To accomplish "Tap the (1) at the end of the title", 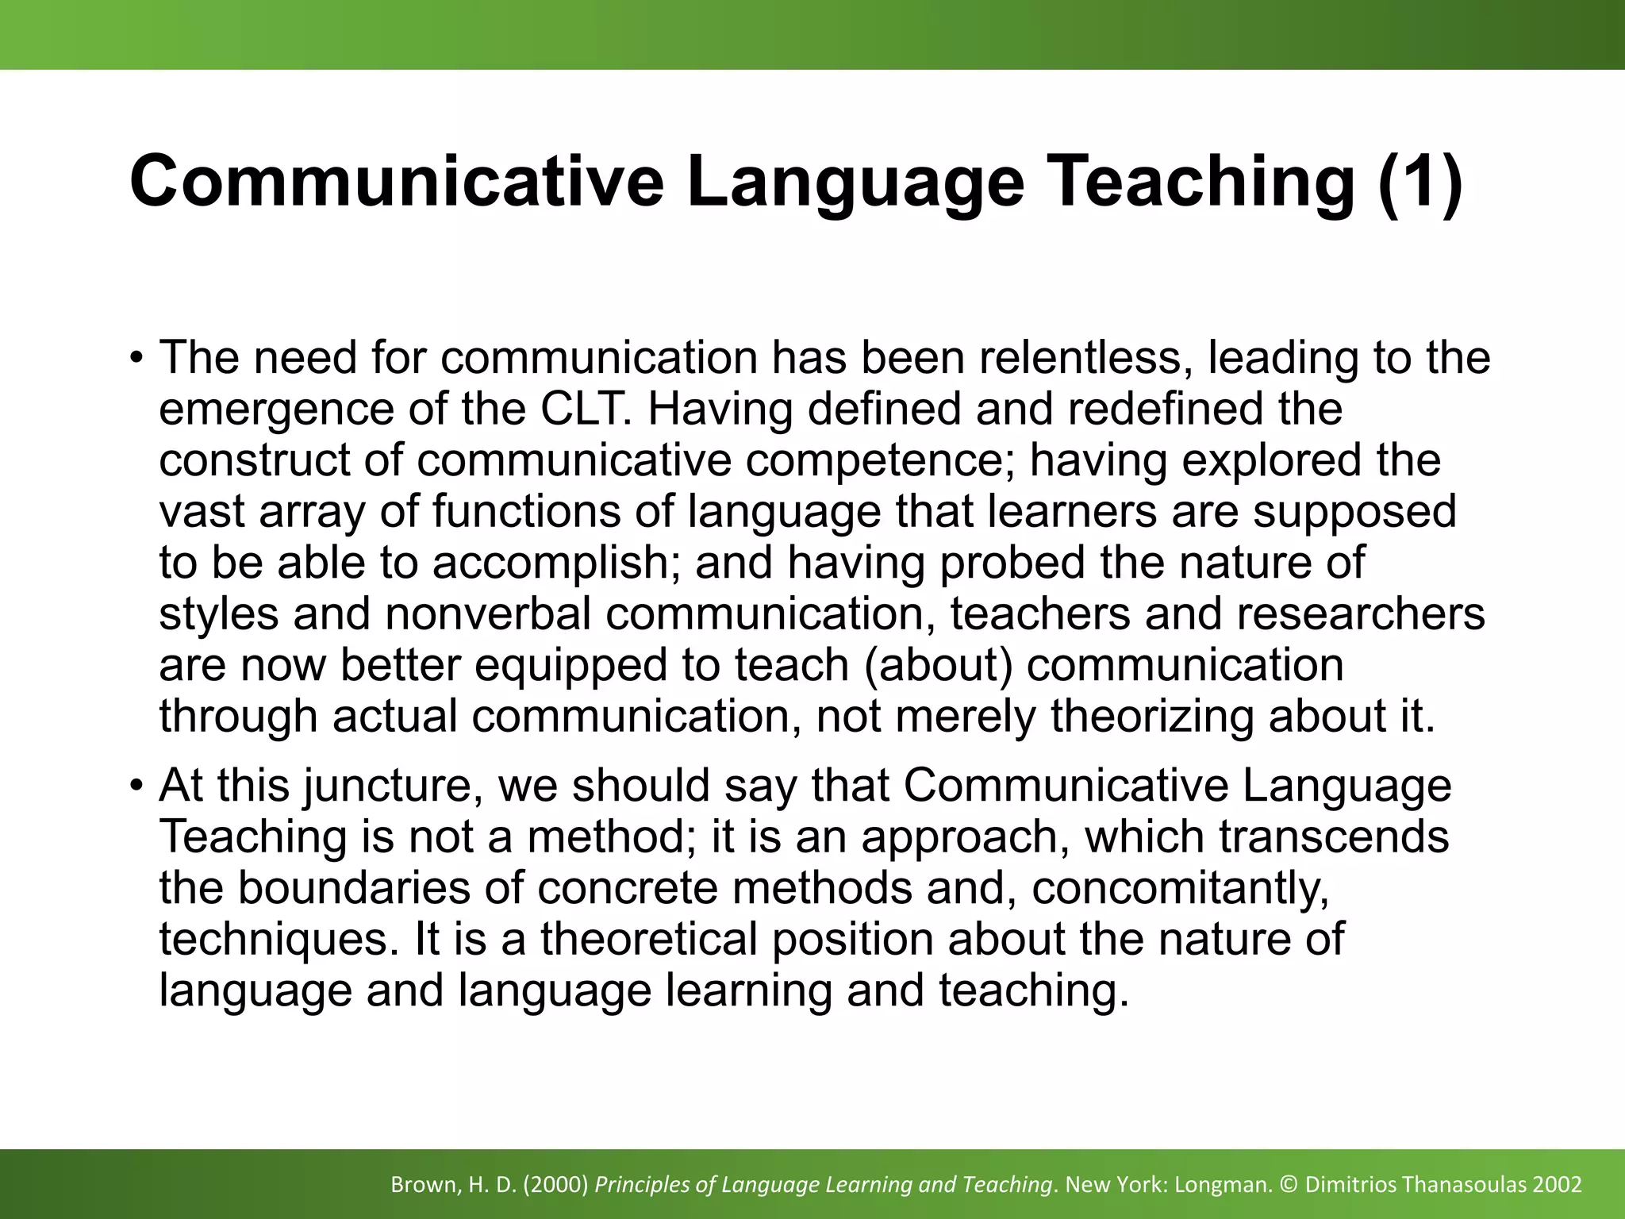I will (1419, 182).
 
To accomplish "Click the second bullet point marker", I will (136, 784).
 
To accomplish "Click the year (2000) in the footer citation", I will (555, 1185).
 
